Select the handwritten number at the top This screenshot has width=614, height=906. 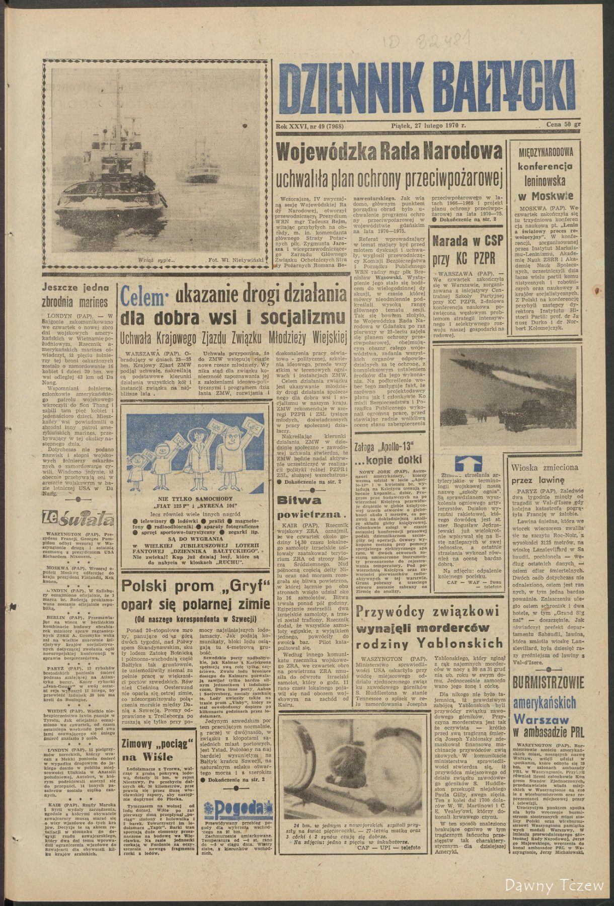427,39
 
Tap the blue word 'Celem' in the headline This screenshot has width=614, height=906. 143,298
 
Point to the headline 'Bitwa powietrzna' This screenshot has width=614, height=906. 307,507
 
